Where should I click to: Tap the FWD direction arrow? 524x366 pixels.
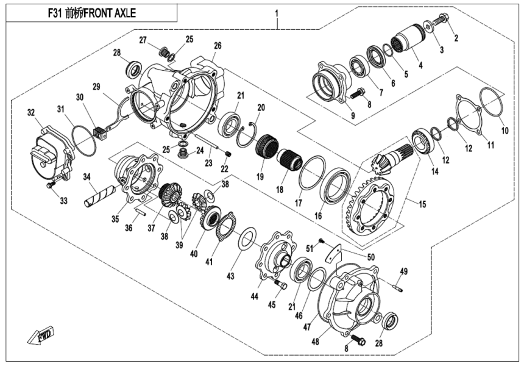(36, 336)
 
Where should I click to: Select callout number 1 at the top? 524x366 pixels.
(277, 13)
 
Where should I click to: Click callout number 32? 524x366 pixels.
(30, 113)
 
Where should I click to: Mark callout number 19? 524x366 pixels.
(261, 178)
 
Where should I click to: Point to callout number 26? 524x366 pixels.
(218, 46)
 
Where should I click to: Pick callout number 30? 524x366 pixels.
(79, 98)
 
